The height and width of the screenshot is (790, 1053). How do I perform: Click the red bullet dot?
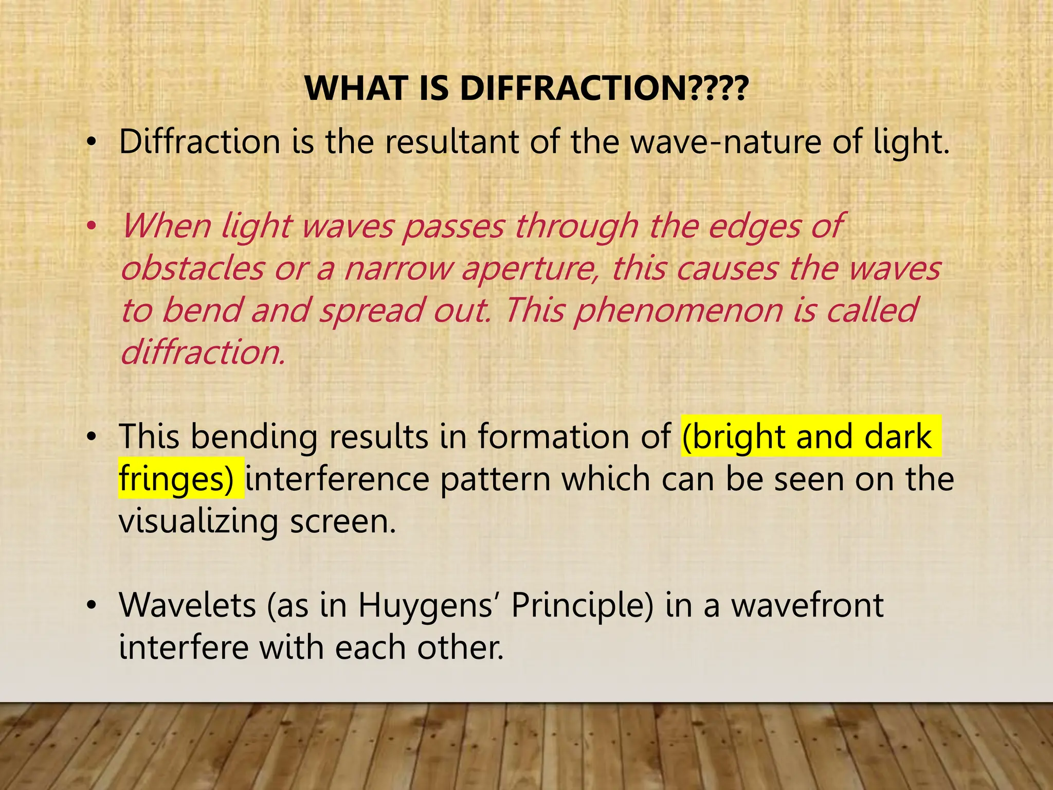(92, 226)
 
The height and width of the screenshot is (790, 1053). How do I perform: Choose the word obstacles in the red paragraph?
(192, 268)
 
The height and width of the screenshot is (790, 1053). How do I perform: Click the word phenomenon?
(678, 311)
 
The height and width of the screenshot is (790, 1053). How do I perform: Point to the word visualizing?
(198, 522)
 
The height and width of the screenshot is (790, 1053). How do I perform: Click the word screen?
(342, 522)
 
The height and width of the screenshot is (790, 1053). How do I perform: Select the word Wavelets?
(187, 605)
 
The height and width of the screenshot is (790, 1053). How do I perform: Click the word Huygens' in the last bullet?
(426, 606)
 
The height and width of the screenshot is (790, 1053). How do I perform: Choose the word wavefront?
(807, 605)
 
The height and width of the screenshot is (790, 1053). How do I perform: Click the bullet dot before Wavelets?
(92, 605)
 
